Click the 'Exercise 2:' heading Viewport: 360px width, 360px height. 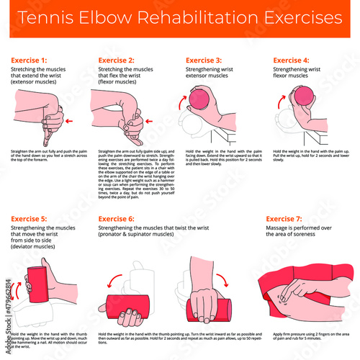point(116,60)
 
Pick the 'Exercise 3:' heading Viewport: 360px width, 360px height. point(204,60)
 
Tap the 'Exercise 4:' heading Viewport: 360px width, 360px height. point(291,60)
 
